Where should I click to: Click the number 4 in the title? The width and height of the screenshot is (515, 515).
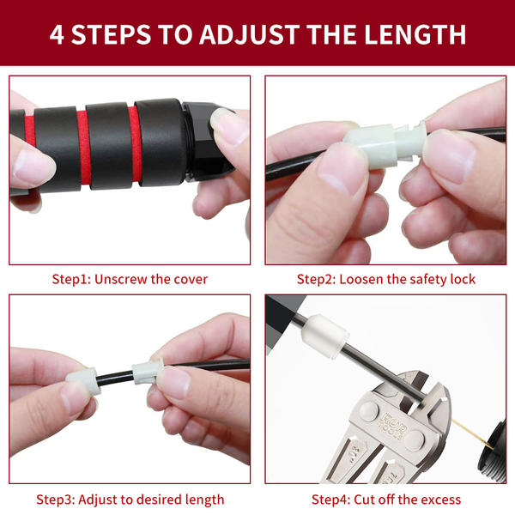57,35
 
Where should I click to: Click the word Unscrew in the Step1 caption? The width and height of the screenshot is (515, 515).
120,279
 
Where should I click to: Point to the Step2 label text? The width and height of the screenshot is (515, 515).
316,280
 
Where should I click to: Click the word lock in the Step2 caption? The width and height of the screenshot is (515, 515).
463,279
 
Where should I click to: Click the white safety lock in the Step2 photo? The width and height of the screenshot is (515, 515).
385,144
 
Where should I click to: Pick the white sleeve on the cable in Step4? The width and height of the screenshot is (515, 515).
324,336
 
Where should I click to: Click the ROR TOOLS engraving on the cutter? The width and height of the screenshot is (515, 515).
393,427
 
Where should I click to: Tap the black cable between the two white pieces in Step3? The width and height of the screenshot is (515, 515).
115,378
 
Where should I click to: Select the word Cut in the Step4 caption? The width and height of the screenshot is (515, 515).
364,500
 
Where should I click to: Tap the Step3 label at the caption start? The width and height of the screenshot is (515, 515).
56,500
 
